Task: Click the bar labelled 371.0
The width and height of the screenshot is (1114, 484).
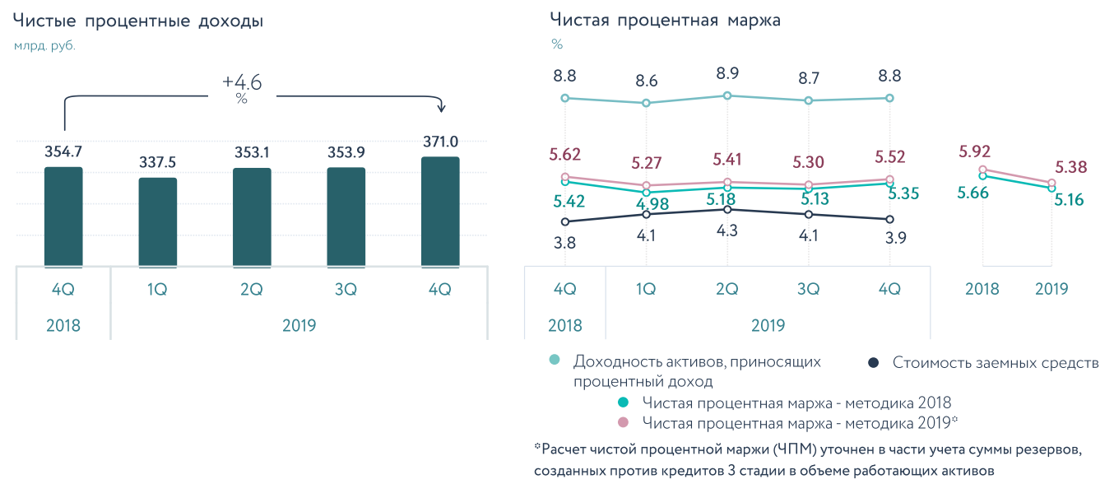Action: pos(440,212)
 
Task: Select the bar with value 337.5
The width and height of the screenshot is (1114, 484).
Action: pos(158,222)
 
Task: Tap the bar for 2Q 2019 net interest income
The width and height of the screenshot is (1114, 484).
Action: pos(252,217)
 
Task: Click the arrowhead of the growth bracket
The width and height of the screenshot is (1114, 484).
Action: pos(441,108)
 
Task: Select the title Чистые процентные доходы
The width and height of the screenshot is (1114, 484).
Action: pos(138,22)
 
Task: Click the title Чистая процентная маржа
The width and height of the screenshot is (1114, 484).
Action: pos(665,21)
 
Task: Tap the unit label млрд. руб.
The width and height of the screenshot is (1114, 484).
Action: pos(44,46)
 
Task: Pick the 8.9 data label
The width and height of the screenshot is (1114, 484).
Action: pos(726,73)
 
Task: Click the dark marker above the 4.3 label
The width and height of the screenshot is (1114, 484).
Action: pos(726,209)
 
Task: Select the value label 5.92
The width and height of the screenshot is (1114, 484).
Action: pos(974,151)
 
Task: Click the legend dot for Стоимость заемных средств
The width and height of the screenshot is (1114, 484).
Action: pos(875,362)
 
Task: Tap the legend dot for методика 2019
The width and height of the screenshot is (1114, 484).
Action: pos(623,422)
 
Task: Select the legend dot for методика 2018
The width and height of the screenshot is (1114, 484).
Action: pos(623,403)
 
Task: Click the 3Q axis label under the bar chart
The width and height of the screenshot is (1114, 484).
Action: pos(346,290)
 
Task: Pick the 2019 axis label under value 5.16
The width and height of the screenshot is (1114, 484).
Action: pos(1051,289)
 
